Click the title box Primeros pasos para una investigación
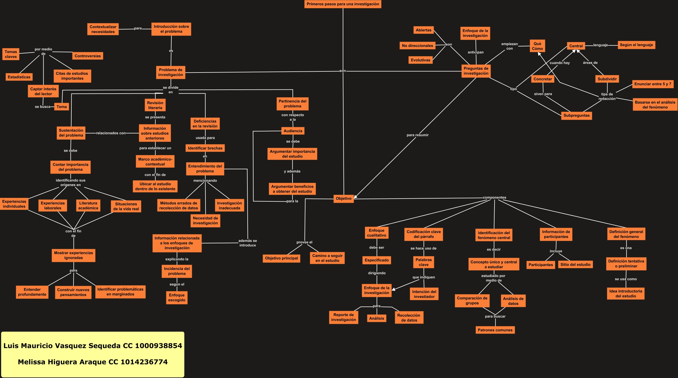point(343,4)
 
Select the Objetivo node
point(343,199)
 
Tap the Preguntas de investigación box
point(476,71)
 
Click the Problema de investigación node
point(170,72)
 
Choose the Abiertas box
point(423,30)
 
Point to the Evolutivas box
point(420,60)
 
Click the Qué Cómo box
point(537,46)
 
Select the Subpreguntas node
point(576,116)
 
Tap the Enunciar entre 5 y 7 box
point(652,84)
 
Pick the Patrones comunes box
point(495,330)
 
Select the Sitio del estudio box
point(575,265)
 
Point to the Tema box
point(62,107)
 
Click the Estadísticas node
point(19,77)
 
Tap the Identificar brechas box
point(205,148)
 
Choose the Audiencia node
point(293,131)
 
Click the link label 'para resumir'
point(417,135)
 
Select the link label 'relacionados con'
point(111,133)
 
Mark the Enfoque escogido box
point(177,298)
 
